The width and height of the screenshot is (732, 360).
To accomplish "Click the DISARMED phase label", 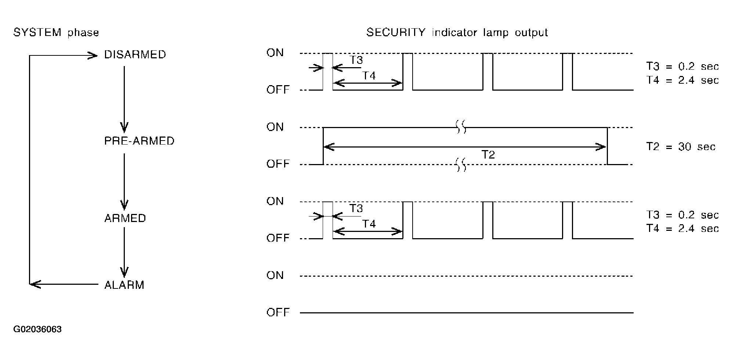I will tap(135, 55).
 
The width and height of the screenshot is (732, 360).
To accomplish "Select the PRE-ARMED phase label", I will tap(139, 141).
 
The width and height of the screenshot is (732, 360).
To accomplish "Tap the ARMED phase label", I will tap(125, 218).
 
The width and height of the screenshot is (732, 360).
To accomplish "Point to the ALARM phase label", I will tap(124, 285).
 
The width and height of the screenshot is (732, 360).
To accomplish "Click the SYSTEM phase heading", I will tap(56, 33).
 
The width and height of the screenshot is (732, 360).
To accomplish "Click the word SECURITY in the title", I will tap(395, 33).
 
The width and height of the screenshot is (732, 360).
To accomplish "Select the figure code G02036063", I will tap(37, 329).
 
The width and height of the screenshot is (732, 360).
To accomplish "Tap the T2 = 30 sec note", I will tap(681, 147).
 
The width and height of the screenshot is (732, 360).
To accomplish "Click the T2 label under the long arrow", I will tap(488, 155).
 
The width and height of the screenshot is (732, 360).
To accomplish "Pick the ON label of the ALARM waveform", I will tap(275, 275).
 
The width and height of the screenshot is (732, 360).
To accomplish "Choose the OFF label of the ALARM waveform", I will tap(278, 312).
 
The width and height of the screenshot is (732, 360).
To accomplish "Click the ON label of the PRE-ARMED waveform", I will tap(275, 127).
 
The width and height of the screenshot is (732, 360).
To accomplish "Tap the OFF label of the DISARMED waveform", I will tap(278, 90).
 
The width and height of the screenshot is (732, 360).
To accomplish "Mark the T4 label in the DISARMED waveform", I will tap(369, 76).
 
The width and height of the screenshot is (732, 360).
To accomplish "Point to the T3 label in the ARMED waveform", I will tap(356, 208).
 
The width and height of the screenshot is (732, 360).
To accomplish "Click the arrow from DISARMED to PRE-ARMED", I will tap(124, 99).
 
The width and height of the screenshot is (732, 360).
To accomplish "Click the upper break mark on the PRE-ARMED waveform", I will tap(461, 127).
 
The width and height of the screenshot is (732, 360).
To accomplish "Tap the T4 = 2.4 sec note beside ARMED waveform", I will tap(682, 228).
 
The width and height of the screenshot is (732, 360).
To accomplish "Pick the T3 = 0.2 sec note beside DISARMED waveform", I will tap(682, 66).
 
